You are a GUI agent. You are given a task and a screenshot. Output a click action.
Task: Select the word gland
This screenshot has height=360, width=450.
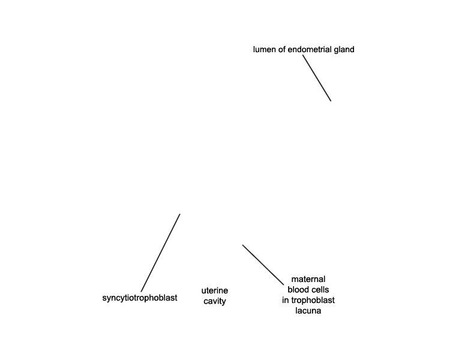pyautogui.click(x=344, y=50)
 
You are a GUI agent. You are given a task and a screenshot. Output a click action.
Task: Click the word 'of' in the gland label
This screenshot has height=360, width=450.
pyautogui.click(x=282, y=49)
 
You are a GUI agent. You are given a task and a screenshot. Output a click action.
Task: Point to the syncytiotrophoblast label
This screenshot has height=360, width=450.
pyautogui.click(x=140, y=298)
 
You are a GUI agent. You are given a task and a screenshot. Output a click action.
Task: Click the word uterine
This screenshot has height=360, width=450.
pyautogui.click(x=215, y=290)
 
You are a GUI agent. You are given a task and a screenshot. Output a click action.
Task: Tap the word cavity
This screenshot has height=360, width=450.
pyautogui.click(x=215, y=301)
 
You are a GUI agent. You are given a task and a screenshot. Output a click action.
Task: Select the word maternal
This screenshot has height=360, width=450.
pyautogui.click(x=308, y=279)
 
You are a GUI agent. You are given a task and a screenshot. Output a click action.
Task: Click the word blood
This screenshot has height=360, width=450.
pyautogui.click(x=298, y=289)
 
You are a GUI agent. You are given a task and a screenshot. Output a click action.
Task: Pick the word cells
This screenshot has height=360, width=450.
pyautogui.click(x=319, y=289)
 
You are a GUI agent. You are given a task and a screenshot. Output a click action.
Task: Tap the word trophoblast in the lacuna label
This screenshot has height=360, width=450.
pyautogui.click(x=312, y=300)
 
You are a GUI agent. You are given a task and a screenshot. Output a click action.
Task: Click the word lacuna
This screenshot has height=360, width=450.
pyautogui.click(x=308, y=311)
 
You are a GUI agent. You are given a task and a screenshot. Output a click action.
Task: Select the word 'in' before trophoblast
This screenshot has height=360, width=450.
pyautogui.click(x=285, y=300)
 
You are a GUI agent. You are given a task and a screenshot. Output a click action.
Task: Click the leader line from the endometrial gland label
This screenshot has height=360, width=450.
pyautogui.click(x=317, y=78)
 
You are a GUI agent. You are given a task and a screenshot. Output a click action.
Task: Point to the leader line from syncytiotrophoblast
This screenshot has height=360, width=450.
pyautogui.click(x=160, y=253)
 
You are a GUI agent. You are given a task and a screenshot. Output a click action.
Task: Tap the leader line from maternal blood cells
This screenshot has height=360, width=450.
pyautogui.click(x=263, y=265)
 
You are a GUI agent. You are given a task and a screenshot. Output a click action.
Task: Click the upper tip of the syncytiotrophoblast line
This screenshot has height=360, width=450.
pyautogui.click(x=180, y=214)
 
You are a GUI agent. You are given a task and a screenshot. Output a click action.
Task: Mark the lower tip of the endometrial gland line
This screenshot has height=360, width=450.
pyautogui.click(x=331, y=101)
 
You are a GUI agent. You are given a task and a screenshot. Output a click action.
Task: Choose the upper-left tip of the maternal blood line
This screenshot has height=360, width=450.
pyautogui.click(x=242, y=245)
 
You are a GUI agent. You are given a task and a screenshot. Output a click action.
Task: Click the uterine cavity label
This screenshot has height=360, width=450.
pyautogui.click(x=215, y=296)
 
